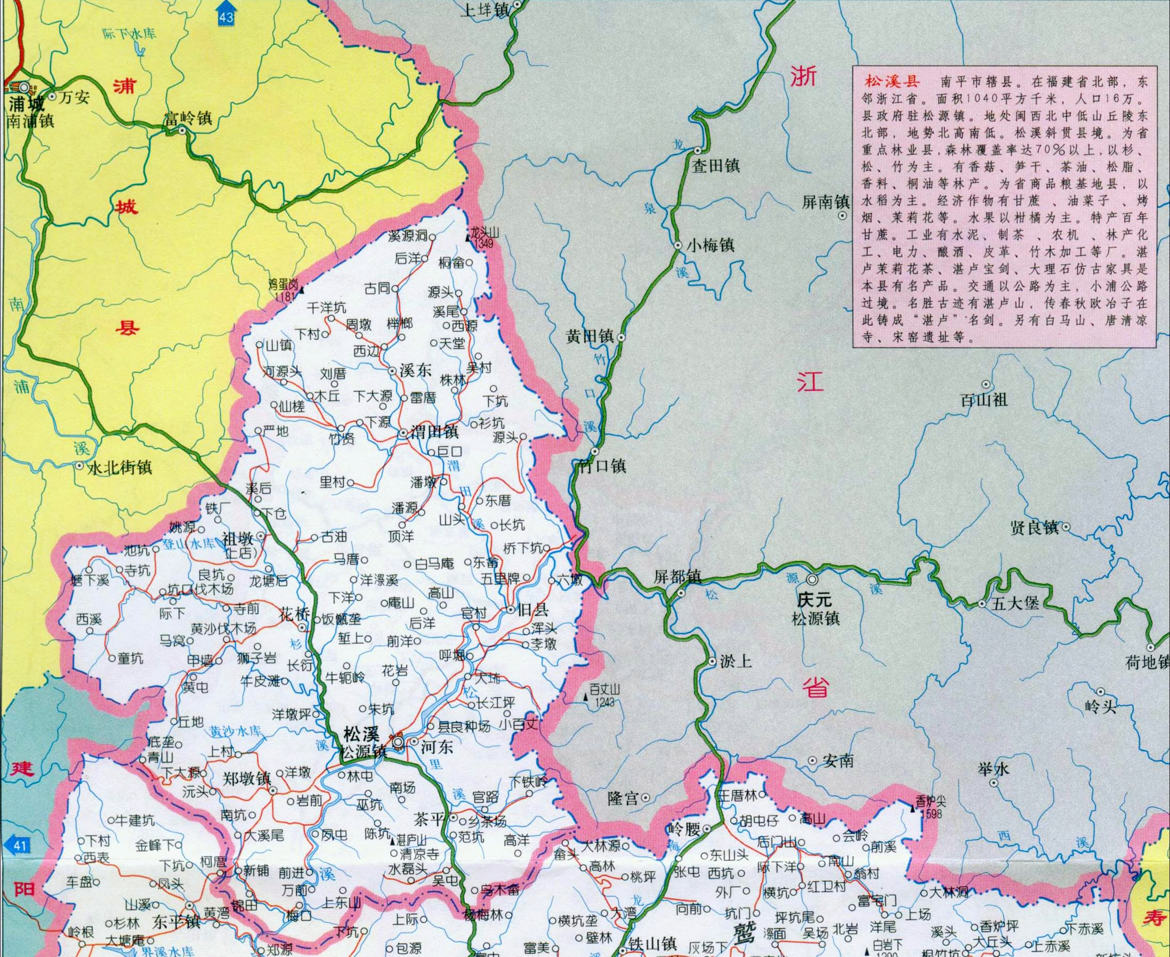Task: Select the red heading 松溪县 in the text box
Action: click(892, 82)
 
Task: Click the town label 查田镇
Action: click(716, 165)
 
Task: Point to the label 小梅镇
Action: click(711, 245)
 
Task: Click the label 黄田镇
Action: click(590, 336)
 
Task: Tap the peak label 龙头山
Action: click(484, 232)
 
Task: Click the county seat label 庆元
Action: click(813, 600)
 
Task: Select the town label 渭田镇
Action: click(435, 432)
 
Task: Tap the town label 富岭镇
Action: click(188, 118)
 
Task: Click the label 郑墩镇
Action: click(246, 778)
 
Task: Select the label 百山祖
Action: click(984, 399)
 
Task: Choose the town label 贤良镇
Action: click(1035, 528)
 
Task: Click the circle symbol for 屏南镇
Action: click(842, 216)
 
